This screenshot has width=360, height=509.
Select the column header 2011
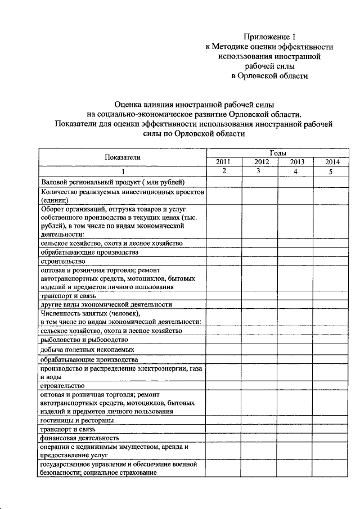pyautogui.click(x=223, y=162)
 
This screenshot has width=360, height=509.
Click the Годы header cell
pyautogui.click(x=277, y=153)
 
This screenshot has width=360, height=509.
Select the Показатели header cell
pyautogui.click(x=122, y=157)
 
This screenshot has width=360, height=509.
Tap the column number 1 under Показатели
pyautogui.click(x=122, y=172)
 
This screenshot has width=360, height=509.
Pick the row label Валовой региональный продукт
pyautogui.click(x=112, y=182)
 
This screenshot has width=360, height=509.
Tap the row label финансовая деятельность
pyautogui.click(x=79, y=437)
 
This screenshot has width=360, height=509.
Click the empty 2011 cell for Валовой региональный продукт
pyautogui.click(x=223, y=182)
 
